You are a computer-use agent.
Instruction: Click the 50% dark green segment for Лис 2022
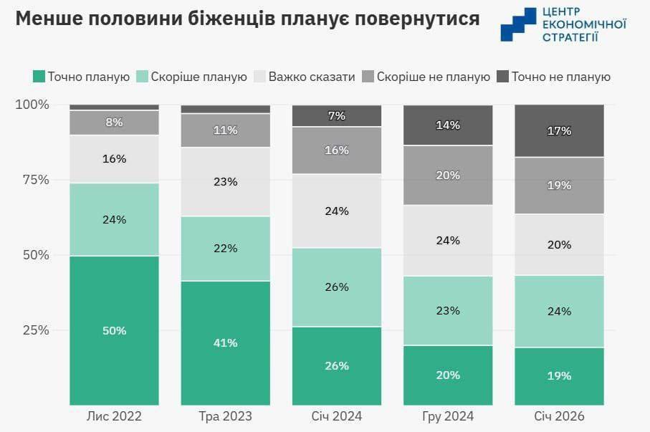coord(114,330)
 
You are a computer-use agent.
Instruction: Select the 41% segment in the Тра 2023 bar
coord(226,342)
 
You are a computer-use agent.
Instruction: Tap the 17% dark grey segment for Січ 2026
coord(560,131)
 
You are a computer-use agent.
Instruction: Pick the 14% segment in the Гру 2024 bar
coord(448,125)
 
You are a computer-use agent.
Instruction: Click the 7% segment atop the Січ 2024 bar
coord(337,116)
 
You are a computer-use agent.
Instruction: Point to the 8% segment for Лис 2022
coord(114,123)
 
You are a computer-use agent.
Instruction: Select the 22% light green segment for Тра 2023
coord(226,248)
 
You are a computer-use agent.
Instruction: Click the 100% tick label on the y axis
coord(32,105)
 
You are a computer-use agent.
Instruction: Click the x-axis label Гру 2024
coord(448,416)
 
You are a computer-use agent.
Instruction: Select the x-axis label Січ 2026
coord(560,416)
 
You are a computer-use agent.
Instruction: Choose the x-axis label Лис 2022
coord(114,416)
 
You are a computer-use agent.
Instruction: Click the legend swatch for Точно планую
coord(39,77)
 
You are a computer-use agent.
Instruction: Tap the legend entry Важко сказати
coord(312,77)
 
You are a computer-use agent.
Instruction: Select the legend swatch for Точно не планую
coord(502,77)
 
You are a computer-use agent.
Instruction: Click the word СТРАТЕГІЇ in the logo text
coord(570,37)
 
